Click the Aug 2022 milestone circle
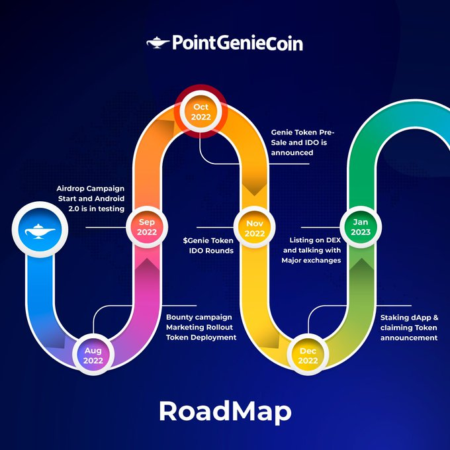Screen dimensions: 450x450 coord(93,355)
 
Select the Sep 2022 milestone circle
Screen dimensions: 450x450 coord(147,227)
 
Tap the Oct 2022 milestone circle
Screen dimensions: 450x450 coord(201,111)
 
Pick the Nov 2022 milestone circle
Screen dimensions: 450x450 coord(255,228)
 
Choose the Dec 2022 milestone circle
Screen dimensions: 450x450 coord(308,355)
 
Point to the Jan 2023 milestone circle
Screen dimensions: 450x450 coord(361,227)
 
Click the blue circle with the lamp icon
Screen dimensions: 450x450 coord(40,230)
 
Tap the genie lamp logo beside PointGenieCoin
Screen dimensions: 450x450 coord(157,43)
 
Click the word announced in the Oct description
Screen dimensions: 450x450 coord(292,153)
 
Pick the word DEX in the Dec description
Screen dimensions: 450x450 coord(334,240)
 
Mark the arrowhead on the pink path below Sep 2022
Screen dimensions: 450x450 coord(147,264)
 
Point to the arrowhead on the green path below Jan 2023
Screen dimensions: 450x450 coord(361,264)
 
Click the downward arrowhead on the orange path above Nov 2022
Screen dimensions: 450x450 coord(255,189)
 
